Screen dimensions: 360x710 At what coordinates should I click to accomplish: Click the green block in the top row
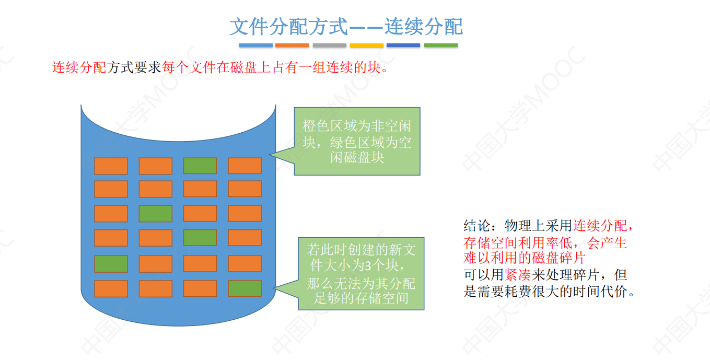[200, 166]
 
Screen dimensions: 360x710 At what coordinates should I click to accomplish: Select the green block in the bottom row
[245, 288]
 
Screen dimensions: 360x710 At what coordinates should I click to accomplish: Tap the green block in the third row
[156, 213]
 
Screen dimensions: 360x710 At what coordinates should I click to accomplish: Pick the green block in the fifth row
[111, 264]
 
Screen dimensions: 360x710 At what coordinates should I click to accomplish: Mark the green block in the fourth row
[200, 238]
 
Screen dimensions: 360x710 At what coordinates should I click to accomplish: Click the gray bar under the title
[330, 45]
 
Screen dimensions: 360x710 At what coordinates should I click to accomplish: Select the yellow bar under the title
[367, 45]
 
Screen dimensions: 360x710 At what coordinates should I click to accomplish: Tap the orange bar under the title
[292, 45]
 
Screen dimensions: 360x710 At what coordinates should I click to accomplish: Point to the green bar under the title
[440, 45]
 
